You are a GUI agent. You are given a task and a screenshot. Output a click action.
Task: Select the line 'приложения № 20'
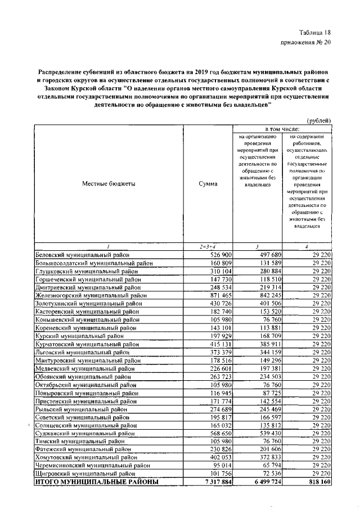pos(307,42)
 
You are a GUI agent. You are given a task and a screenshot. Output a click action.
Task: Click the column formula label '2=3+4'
pos(208,247)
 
